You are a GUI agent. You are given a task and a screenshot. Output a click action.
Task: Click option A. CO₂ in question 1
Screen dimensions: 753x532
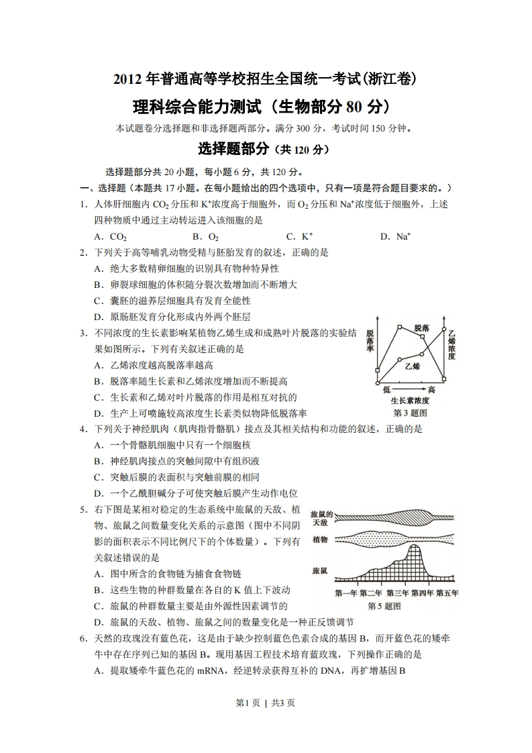[111, 236]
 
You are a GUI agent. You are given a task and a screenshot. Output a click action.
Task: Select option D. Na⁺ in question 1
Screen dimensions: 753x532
[395, 236]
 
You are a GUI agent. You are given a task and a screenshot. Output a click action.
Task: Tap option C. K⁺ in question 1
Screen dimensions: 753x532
[299, 236]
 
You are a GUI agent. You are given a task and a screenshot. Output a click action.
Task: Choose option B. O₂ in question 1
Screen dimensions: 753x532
[205, 236]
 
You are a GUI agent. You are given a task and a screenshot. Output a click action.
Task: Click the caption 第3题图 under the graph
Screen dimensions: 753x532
[410, 413]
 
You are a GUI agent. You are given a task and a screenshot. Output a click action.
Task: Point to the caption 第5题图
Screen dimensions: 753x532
[384, 606]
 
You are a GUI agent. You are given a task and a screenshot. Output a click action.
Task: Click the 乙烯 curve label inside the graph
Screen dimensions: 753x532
[413, 366]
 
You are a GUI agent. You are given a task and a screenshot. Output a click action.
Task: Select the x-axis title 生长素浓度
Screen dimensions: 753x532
[410, 401]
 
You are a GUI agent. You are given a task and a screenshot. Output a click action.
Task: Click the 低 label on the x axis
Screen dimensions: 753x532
[387, 390]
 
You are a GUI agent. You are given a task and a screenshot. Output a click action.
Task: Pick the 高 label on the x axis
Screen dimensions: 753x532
[431, 390]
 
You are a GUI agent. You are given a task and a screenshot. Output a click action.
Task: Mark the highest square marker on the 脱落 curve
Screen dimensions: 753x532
[399, 328]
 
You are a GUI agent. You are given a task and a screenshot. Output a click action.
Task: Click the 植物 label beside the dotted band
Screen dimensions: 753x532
[320, 540]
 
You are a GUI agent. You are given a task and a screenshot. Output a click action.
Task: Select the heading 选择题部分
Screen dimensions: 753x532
[232, 148]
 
